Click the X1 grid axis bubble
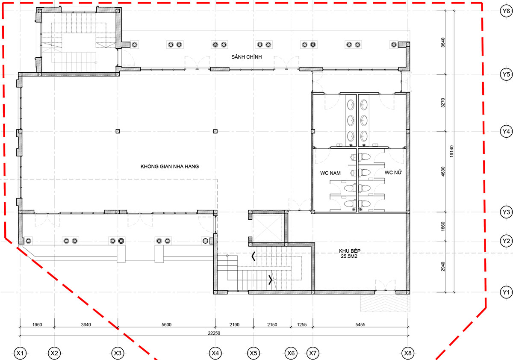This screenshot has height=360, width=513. (20, 353)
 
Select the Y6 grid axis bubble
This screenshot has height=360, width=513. (506, 11)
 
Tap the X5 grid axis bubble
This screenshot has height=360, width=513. (253, 353)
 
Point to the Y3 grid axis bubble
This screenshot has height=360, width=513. (506, 212)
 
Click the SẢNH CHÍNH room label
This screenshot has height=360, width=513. (246, 57)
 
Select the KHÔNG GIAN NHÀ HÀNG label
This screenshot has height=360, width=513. (170, 166)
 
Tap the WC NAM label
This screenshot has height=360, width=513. (330, 173)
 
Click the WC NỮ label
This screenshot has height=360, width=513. (393, 172)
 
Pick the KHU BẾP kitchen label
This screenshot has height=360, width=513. (350, 251)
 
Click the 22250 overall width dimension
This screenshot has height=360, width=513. (214, 333)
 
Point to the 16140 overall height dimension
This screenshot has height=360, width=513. (451, 151)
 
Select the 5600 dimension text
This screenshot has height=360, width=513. (166, 325)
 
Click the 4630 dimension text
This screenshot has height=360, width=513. (443, 171)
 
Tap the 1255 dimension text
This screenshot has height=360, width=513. (302, 325)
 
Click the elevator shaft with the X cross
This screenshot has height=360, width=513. (267, 228)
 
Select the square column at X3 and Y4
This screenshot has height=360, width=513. (118, 131)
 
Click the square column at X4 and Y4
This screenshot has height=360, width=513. (215, 131)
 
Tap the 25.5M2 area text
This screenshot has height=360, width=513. (349, 256)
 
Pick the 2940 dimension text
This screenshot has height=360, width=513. (443, 266)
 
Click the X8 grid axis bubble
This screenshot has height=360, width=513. (408, 353)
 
